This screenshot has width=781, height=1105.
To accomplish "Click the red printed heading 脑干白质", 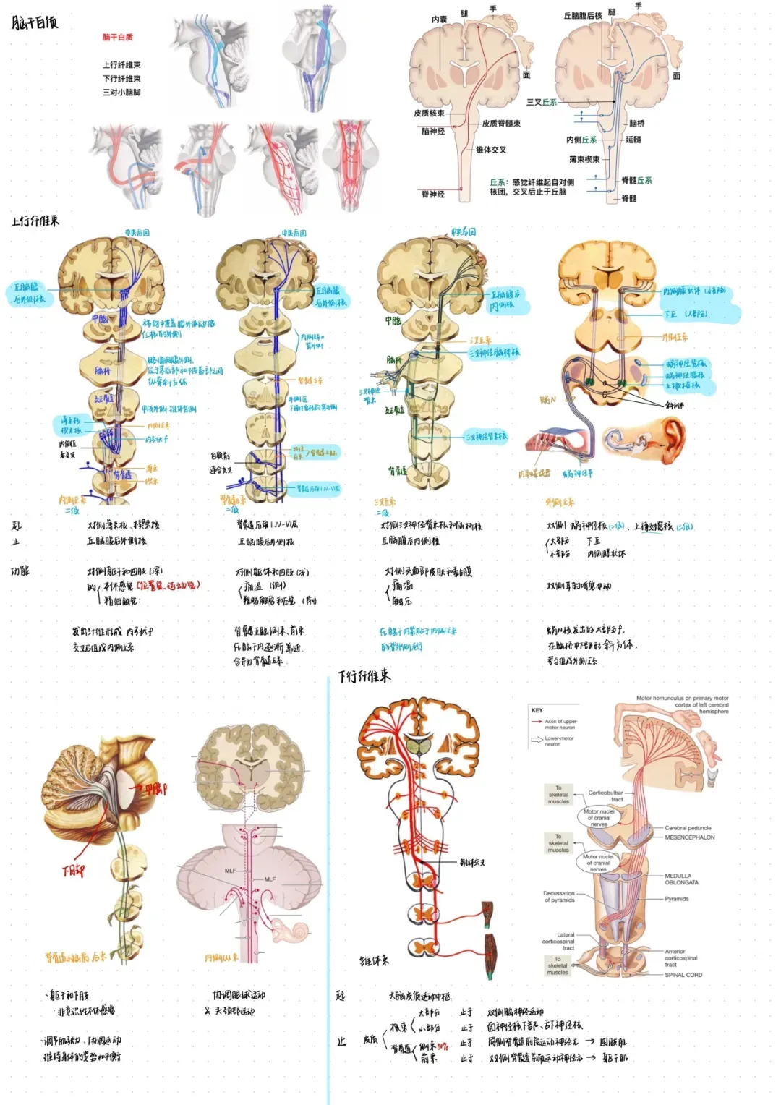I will point(117,37).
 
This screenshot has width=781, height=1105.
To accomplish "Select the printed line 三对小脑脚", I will point(121,93).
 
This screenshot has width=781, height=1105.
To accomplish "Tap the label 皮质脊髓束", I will point(501,124).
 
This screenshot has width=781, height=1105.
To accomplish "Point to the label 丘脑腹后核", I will point(582,15).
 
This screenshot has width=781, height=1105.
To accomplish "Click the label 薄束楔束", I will point(584,159).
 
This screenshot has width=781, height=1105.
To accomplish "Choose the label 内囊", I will point(439,20).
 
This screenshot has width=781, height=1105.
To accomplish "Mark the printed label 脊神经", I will point(432,194).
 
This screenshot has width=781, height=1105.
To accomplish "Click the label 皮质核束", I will point(429,113).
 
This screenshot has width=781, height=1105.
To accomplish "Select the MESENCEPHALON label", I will point(689,837).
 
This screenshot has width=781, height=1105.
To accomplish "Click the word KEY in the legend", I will point(537,710).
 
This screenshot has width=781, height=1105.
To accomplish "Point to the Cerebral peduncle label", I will point(688,828).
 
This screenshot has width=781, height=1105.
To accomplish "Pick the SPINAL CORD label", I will point(683,975).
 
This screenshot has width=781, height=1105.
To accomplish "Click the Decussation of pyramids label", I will point(559,896).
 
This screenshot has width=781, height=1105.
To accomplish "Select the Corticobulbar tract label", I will point(606,795).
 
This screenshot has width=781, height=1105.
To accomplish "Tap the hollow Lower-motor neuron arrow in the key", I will point(537,739).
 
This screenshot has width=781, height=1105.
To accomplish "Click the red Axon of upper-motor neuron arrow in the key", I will point(537,722).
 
